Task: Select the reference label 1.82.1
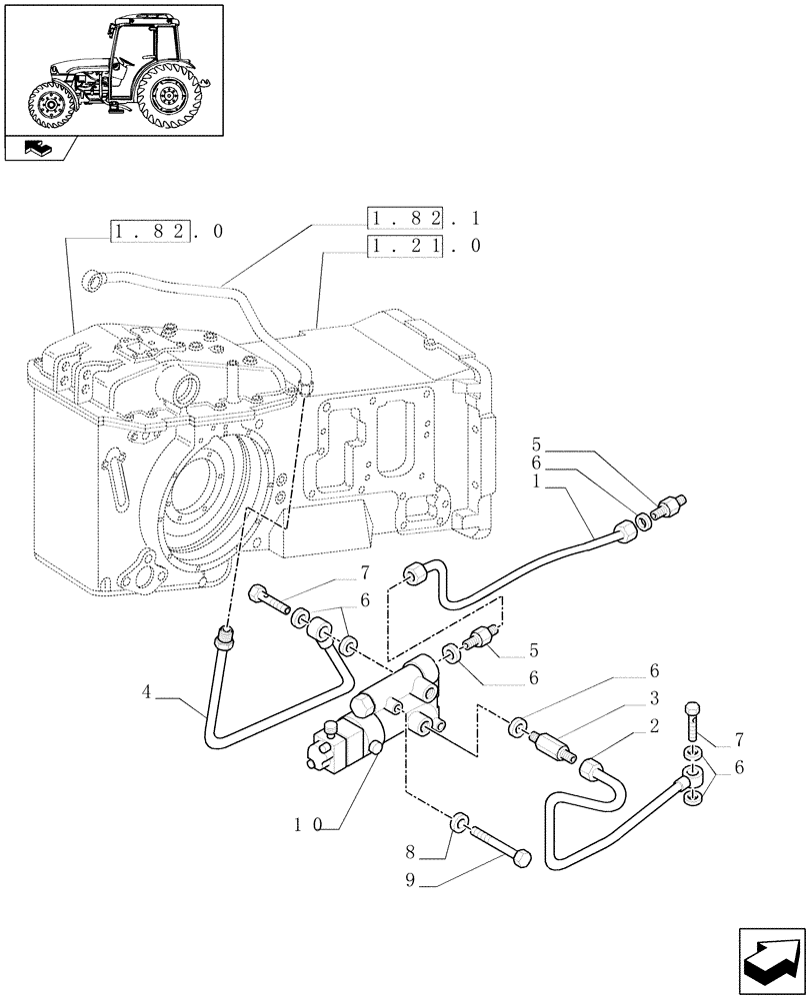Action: [x=424, y=218]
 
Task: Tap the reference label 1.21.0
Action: [x=424, y=246]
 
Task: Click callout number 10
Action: [x=307, y=825]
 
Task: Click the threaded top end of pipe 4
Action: [x=224, y=633]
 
